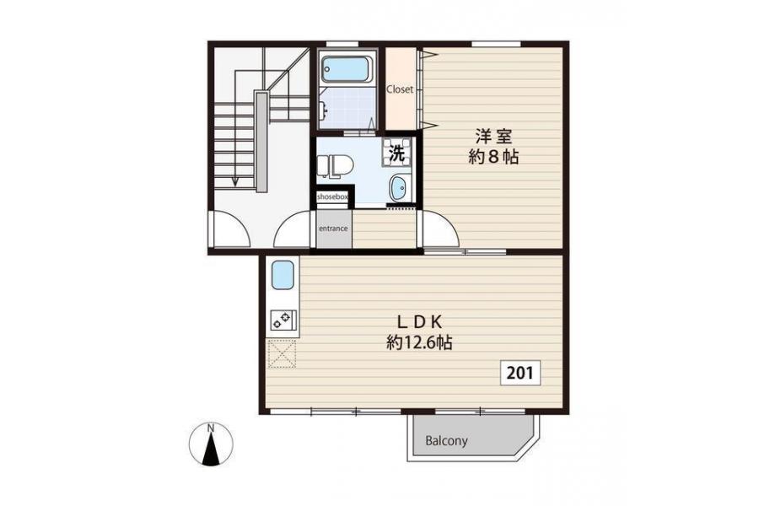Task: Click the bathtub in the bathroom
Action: point(347,69)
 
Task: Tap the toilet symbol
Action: point(336,165)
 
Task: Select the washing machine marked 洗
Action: point(397,153)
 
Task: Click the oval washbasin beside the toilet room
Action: point(398,188)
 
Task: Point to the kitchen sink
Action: point(283,275)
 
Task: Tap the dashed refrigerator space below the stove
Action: point(283,354)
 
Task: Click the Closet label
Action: point(400,89)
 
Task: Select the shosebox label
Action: point(332,197)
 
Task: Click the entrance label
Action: point(333,228)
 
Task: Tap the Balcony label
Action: point(446,440)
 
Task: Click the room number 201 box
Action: point(520,373)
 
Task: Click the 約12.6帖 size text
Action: point(419,343)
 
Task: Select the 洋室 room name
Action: point(493,136)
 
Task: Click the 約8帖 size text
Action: point(493,157)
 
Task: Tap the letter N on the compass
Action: point(211,428)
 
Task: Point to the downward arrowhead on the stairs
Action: point(235,182)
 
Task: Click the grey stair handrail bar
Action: point(261,142)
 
